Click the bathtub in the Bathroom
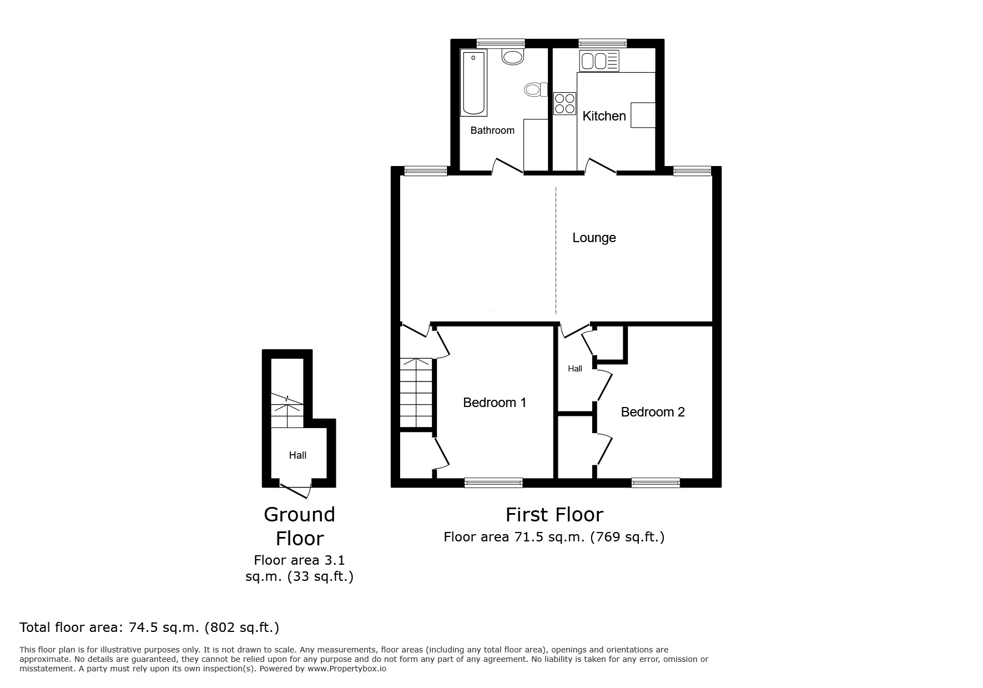coord(474,83)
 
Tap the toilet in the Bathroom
coord(533,89)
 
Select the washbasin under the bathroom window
coord(512,56)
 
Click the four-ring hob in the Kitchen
coord(565,104)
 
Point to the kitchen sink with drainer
coord(599,61)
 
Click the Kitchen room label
coord(604,116)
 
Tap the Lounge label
coord(594,238)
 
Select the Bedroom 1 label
coord(495,403)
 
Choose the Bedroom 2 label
coord(652,412)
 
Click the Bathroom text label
coord(492,130)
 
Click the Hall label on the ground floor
coord(298,455)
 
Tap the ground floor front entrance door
coord(295,489)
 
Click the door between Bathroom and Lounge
coord(507,166)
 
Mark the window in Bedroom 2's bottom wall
coord(656,483)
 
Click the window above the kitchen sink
coord(603,43)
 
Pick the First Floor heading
coord(554,515)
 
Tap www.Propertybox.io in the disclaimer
coord(347,669)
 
